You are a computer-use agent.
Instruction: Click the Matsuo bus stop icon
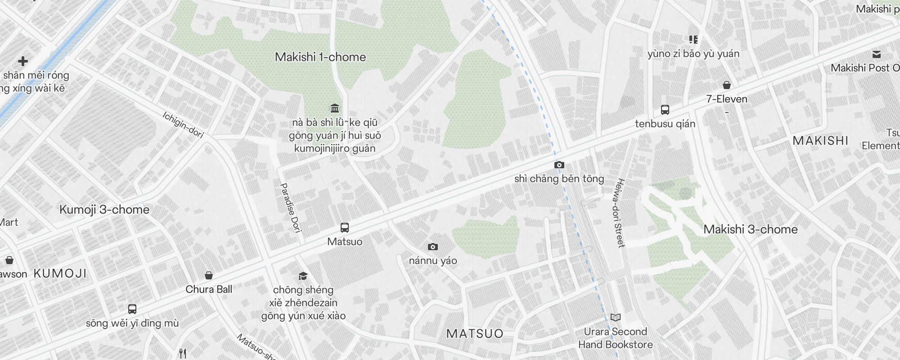[x=345, y=228]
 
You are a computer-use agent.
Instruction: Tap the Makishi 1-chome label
[x=320, y=57]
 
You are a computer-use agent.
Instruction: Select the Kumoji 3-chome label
[x=104, y=210]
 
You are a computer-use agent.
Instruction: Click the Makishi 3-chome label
[x=750, y=229]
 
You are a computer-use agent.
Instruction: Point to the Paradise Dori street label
[x=291, y=207]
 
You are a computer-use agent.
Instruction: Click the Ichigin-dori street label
[x=183, y=125]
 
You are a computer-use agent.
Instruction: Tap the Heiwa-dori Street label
[x=620, y=213]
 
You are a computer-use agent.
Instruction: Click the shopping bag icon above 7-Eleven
[x=726, y=85]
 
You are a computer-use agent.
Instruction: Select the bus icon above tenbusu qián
[x=665, y=109]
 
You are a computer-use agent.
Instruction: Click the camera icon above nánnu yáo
[x=433, y=247]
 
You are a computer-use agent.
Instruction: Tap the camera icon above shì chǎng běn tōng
[x=559, y=165]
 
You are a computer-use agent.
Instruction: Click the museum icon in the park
[x=335, y=108]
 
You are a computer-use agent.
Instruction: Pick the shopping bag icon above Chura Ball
[x=208, y=275]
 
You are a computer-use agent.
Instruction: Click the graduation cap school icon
[x=303, y=276]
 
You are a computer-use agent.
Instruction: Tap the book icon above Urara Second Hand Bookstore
[x=615, y=318]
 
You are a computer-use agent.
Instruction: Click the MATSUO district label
[x=475, y=334]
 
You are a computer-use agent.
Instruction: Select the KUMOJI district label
[x=60, y=274]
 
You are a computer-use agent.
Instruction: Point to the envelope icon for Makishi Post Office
[x=876, y=54]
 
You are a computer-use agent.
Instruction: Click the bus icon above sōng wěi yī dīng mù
[x=132, y=309]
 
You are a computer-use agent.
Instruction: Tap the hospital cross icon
[x=22, y=61]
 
